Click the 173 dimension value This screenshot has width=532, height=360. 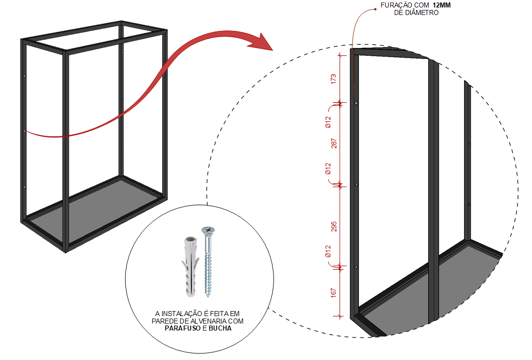coord(333,79)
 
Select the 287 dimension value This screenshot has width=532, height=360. coord(334,143)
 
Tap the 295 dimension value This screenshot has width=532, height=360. coord(334,227)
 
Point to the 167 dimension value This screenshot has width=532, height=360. coord(333,293)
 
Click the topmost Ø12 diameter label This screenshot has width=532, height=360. coord(328,122)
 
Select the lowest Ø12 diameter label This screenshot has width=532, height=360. coord(328,251)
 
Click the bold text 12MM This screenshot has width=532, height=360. coord(441,5)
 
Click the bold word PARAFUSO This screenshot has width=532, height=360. coord(183,328)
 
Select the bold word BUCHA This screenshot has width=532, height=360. coord(220,328)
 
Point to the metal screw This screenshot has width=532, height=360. coord(208,262)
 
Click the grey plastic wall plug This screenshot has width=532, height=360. coord(191,267)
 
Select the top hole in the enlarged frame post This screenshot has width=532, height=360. coord(356,103)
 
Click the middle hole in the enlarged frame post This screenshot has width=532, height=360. coord(356,185)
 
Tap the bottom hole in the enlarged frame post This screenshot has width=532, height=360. coord(356,267)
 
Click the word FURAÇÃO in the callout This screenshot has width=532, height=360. coord(394,5)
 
